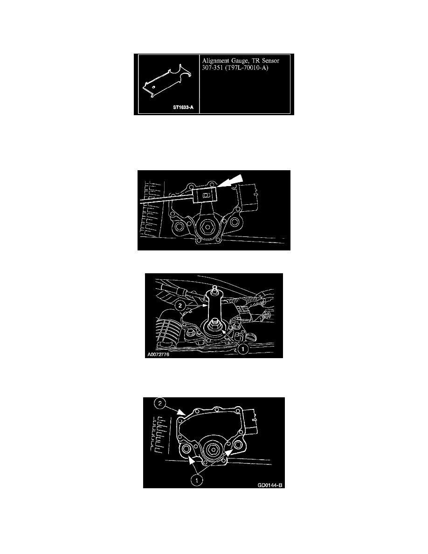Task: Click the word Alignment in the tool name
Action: pyautogui.click(x=215, y=61)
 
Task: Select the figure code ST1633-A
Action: pyautogui.click(x=183, y=107)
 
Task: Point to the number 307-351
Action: pyautogui.click(x=212, y=68)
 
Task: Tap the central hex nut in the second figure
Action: pyautogui.click(x=206, y=227)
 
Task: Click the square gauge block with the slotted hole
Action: pyautogui.click(x=205, y=195)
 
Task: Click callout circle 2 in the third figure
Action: pyautogui.click(x=180, y=305)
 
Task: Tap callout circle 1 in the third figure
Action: pyautogui.click(x=242, y=349)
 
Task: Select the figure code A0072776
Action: pyautogui.click(x=159, y=354)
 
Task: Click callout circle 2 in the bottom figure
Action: pyautogui.click(x=160, y=403)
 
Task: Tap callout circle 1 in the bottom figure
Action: pyautogui.click(x=197, y=480)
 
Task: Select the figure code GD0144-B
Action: pyautogui.click(x=270, y=485)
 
